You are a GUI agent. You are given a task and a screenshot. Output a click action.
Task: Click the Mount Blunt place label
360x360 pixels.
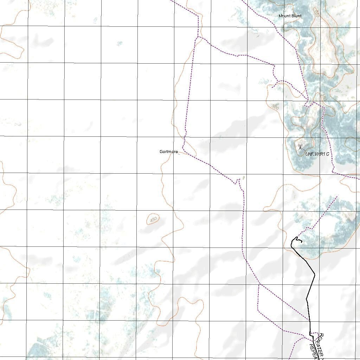pyautogui.click(x=290, y=16)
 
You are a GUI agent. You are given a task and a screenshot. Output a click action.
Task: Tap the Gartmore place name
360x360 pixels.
pyautogui.click(x=169, y=152)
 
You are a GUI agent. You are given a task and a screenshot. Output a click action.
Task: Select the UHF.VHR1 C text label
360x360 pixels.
pyautogui.click(x=317, y=154)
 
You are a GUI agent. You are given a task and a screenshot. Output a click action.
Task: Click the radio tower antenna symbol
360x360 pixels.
pyautogui.click(x=300, y=147)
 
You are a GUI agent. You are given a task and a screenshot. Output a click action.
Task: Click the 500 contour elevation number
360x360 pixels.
pyautogui.click(x=275, y=107)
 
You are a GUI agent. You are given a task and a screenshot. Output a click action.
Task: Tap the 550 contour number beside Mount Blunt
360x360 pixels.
pyautogui.click(x=317, y=13)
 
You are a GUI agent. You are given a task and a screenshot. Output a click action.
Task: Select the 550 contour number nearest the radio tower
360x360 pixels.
pyautogui.click(x=323, y=97)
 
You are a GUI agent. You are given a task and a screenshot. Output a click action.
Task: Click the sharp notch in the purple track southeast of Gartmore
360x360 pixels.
pyautogui.click(x=238, y=181)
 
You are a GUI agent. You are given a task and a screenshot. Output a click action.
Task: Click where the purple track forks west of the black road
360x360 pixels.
pyautogui.click(x=259, y=284)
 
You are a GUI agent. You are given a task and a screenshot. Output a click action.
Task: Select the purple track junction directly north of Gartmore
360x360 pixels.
pyautogui.click(x=199, y=37)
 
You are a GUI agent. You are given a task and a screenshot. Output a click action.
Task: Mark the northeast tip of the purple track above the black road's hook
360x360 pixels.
pyautogui.click(x=337, y=197)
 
